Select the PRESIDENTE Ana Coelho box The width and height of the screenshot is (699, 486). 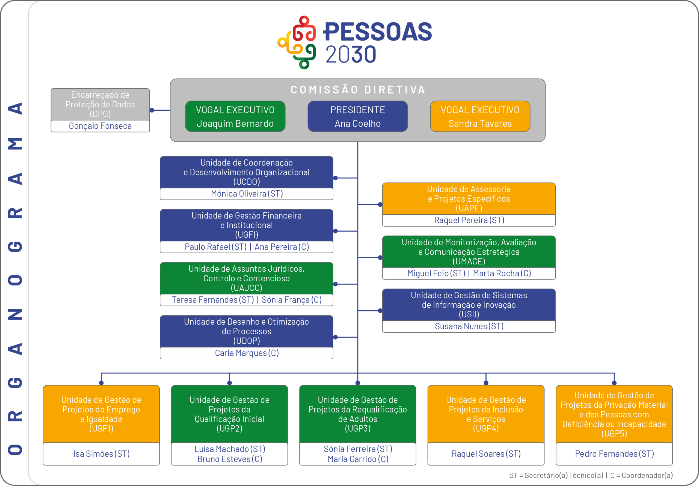click(358, 116)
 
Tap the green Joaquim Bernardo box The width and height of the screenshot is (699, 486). click(235, 116)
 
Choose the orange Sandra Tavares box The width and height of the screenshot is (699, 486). click(480, 116)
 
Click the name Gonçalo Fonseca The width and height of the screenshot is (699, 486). click(100, 126)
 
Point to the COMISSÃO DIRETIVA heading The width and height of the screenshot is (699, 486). click(358, 90)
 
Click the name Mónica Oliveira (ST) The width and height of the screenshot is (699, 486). click(247, 194)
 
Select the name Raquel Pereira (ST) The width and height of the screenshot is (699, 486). click(469, 220)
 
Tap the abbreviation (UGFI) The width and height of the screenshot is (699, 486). click(247, 235)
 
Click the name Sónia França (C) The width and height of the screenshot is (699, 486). click(292, 300)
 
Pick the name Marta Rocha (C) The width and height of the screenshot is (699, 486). click(502, 273)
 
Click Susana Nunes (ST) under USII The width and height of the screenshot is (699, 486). click(469, 326)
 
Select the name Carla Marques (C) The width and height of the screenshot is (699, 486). click(247, 353)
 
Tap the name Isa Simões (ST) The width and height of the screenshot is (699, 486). click(101, 454)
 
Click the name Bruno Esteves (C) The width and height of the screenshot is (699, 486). click(230, 459)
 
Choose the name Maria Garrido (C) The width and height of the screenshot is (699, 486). click(358, 459)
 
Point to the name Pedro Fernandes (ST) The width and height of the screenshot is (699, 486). click(614, 454)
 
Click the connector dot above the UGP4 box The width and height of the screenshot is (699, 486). click(486, 383)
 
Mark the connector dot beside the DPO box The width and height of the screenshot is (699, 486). click(152, 110)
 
